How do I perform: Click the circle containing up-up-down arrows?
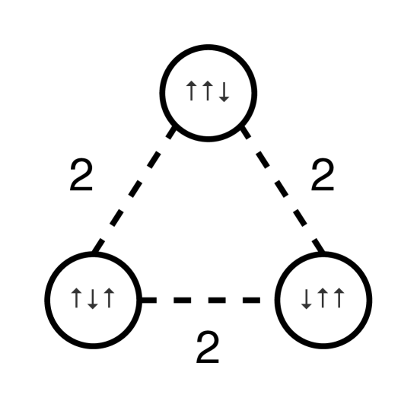(208, 91)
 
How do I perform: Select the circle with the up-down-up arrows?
(93, 298)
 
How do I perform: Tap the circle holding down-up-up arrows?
(323, 298)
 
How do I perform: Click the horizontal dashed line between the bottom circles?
(208, 300)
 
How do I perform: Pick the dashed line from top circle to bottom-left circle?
(135, 190)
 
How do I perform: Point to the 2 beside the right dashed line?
(323, 177)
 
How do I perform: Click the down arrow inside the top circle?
(224, 92)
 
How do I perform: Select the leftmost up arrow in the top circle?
(192, 92)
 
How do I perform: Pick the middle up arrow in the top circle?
(207, 92)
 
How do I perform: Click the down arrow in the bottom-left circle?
(93, 298)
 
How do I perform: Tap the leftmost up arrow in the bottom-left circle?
(77, 298)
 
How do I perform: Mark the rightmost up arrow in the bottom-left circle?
(109, 298)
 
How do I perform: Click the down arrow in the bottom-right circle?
(307, 298)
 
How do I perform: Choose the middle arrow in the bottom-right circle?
(323, 298)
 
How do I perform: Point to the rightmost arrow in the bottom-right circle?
(339, 298)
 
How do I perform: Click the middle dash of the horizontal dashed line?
(208, 300)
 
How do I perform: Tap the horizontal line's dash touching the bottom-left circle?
(148, 300)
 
